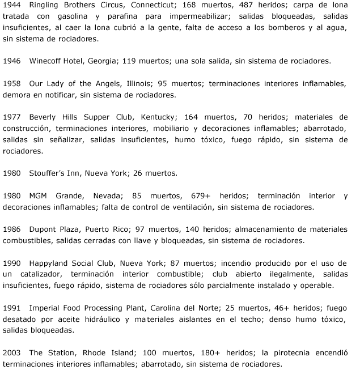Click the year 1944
[x=12, y=6]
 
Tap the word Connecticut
[x=155, y=6]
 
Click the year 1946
[x=12, y=61]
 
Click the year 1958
[x=12, y=83]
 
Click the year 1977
[x=12, y=117]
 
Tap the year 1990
[x=12, y=262]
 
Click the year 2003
[x=12, y=351]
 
